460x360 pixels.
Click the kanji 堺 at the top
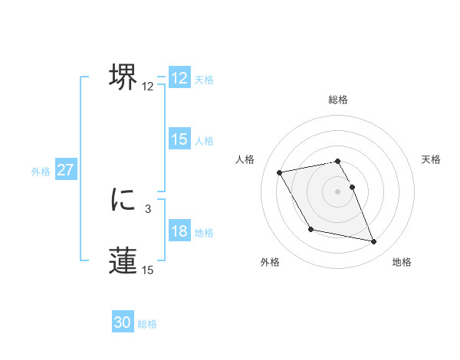click(x=123, y=77)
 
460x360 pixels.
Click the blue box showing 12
click(x=179, y=78)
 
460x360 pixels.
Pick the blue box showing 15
click(x=179, y=139)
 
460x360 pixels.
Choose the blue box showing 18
click(x=179, y=231)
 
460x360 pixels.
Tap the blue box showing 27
click(x=65, y=170)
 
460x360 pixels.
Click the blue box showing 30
click(x=123, y=322)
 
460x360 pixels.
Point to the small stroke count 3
click(x=147, y=208)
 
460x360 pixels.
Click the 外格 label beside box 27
click(x=41, y=172)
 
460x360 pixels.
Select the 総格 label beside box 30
click(x=147, y=324)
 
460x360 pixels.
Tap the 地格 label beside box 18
click(x=204, y=233)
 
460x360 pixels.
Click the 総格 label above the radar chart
click(x=338, y=100)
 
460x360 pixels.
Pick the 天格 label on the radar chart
click(x=431, y=159)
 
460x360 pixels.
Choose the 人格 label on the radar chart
click(x=245, y=159)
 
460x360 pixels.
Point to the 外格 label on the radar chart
click(x=270, y=262)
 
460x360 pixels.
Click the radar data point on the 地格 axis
click(x=374, y=242)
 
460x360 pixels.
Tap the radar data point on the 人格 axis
click(x=280, y=172)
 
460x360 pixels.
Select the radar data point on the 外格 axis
click(x=310, y=229)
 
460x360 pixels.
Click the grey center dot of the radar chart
click(x=338, y=191)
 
